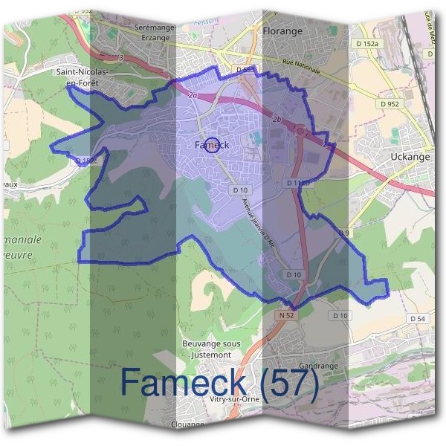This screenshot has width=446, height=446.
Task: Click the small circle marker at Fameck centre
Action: pos(211,144)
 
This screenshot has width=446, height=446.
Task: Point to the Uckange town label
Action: pos(411,158)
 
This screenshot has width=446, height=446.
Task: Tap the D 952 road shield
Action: pos(390,104)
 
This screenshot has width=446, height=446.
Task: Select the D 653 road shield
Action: pos(246,70)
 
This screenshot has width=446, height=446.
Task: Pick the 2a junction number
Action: pos(193,95)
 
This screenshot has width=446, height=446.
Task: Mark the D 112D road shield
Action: pos(297,182)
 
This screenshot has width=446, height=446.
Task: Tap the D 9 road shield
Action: pos(343,233)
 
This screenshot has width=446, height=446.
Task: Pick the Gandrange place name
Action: pos(318,366)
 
